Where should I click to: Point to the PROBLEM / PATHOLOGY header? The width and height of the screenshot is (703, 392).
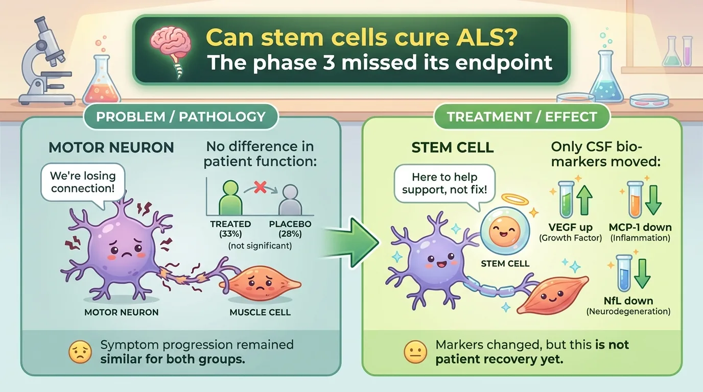pos(181,117)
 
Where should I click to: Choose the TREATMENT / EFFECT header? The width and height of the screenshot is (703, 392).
pos(522,117)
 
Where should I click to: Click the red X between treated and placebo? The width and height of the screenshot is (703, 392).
pos(260,187)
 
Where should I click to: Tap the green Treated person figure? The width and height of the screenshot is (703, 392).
pos(231,198)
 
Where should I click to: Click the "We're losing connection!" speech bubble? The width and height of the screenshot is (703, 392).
pos(83,183)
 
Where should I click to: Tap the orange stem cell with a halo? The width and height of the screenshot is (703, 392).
pos(505,231)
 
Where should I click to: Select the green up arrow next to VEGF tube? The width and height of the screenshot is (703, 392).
pos(584,200)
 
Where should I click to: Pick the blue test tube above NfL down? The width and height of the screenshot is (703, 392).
pos(624,273)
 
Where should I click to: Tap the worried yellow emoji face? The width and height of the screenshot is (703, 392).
pos(80,352)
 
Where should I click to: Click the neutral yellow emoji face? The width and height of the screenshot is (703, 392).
pos(415,352)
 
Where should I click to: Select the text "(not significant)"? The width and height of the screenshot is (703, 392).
pos(260,246)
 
